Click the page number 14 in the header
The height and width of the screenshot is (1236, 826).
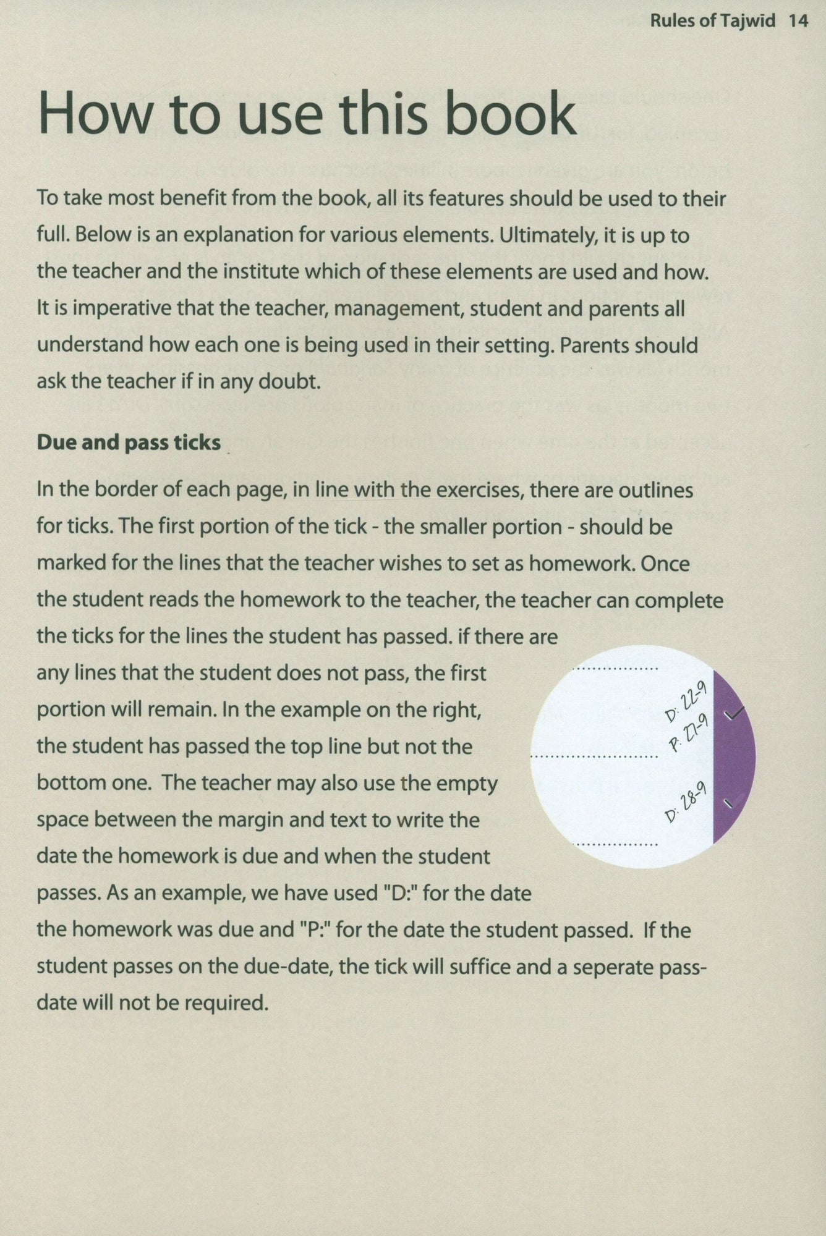798,21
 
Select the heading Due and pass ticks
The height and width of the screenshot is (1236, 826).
129,442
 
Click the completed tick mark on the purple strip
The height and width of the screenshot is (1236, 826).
735,714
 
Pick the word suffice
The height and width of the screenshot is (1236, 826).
480,967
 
